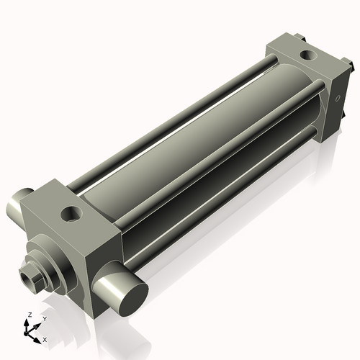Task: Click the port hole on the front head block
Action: click(72, 213)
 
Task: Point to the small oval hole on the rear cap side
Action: click(336, 98)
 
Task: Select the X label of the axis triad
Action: click(45, 338)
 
